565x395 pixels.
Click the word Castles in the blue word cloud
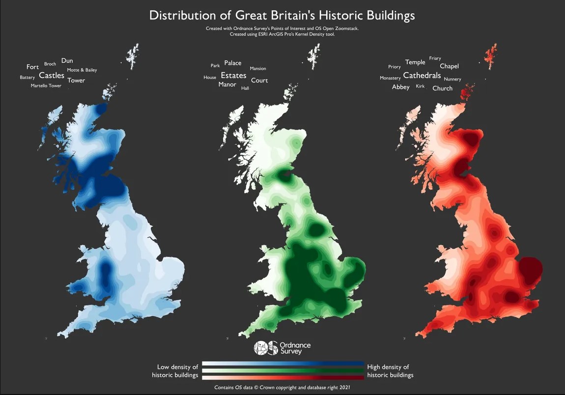[52, 75]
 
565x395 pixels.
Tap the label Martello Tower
[46, 86]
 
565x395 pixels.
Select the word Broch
[50, 64]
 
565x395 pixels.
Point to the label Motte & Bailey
[82, 70]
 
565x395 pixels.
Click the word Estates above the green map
[233, 76]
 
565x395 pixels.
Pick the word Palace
[233, 63]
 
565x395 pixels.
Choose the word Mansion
[258, 69]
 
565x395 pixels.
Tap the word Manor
[227, 84]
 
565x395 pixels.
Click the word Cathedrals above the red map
[422, 76]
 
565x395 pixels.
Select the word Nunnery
[452, 79]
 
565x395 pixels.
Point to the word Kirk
[420, 86]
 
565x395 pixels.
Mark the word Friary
[435, 58]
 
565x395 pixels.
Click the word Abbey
[400, 87]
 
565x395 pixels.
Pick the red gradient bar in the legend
[282, 377]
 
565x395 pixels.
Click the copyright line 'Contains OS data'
[282, 387]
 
